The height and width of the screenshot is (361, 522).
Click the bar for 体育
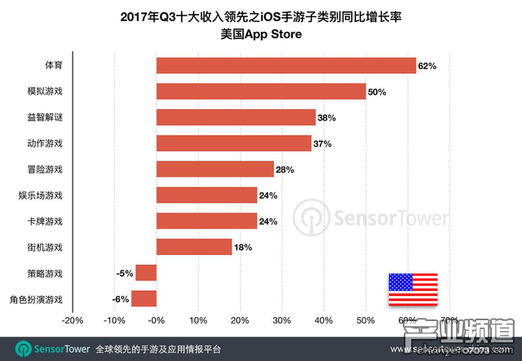[x=285, y=65]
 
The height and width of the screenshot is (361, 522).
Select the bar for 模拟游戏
[x=261, y=91]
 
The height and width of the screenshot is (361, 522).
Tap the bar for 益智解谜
[x=236, y=117]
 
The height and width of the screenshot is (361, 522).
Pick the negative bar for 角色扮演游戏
[x=144, y=298]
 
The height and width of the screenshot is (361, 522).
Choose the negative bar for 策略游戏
[x=146, y=272]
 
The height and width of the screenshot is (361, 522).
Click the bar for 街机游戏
[x=194, y=246]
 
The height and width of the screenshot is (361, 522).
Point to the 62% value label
[x=428, y=65]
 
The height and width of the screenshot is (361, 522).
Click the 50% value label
[x=377, y=91]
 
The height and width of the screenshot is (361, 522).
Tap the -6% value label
[x=120, y=299]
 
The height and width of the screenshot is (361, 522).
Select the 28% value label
[x=285, y=169]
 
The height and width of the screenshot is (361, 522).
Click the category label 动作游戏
[x=45, y=143]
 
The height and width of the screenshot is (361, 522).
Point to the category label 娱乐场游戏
[x=40, y=196]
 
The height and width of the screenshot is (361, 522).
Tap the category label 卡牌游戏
[x=45, y=221]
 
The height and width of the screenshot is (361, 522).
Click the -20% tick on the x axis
[x=73, y=319]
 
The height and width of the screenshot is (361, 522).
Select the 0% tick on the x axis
[x=157, y=319]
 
